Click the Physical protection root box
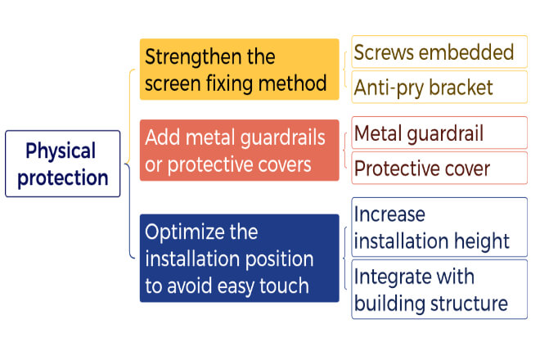coord(63,164)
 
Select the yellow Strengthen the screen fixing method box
coord(240,70)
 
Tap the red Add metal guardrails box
coord(240,151)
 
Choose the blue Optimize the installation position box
coord(240,258)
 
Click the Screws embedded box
coord(439,52)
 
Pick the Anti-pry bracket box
coord(439,88)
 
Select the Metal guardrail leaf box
coord(439,133)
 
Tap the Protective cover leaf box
coord(439,168)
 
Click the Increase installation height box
coord(439,227)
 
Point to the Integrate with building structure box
coord(439,290)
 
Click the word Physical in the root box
coord(61,151)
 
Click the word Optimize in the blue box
coord(185,232)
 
